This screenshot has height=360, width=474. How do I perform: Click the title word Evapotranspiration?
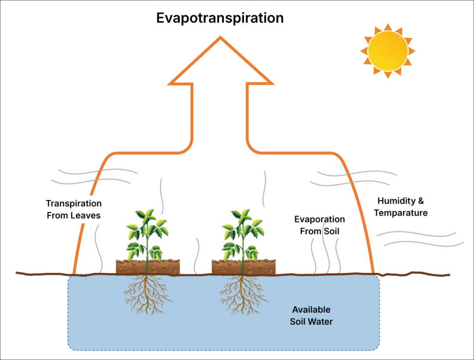(x=219, y=18)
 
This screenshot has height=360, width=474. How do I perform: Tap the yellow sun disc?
(x=388, y=51)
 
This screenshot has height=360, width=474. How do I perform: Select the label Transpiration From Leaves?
(x=74, y=209)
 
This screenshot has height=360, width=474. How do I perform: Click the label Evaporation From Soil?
(x=319, y=225)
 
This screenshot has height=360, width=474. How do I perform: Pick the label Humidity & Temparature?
(x=400, y=207)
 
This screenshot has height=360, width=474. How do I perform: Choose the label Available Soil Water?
(x=312, y=316)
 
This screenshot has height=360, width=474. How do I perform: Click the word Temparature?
(x=400, y=213)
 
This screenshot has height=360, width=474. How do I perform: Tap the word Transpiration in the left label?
(x=74, y=203)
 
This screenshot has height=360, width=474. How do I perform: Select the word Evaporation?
(x=319, y=219)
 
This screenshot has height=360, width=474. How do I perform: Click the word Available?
(x=312, y=309)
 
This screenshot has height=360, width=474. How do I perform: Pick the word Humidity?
(x=394, y=201)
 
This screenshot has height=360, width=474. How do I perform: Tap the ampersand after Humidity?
(x=420, y=201)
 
